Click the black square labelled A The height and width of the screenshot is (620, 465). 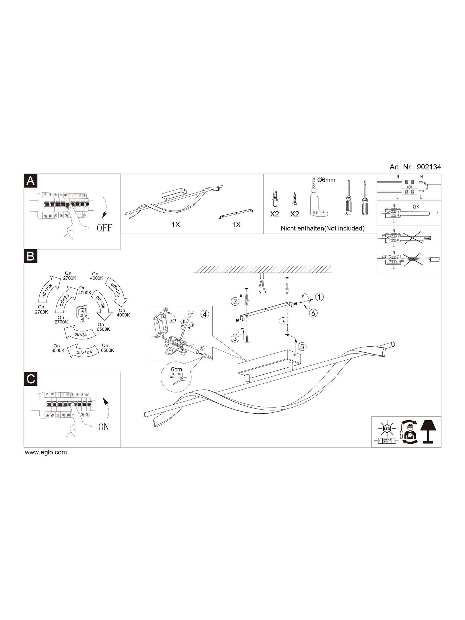pyautogui.click(x=30, y=181)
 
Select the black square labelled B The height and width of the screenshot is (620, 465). pyautogui.click(x=30, y=256)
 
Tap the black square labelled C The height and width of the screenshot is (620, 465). pyautogui.click(x=30, y=379)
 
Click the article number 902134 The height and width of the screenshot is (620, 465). pyautogui.click(x=429, y=167)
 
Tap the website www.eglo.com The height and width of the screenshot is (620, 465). pyautogui.click(x=46, y=452)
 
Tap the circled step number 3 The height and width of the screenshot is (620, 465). pyautogui.click(x=235, y=338)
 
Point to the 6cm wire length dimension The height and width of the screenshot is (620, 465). pyautogui.click(x=176, y=370)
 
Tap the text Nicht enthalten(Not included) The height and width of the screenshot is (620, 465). pyautogui.click(x=323, y=228)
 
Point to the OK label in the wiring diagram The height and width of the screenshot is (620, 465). pyautogui.click(x=416, y=207)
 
